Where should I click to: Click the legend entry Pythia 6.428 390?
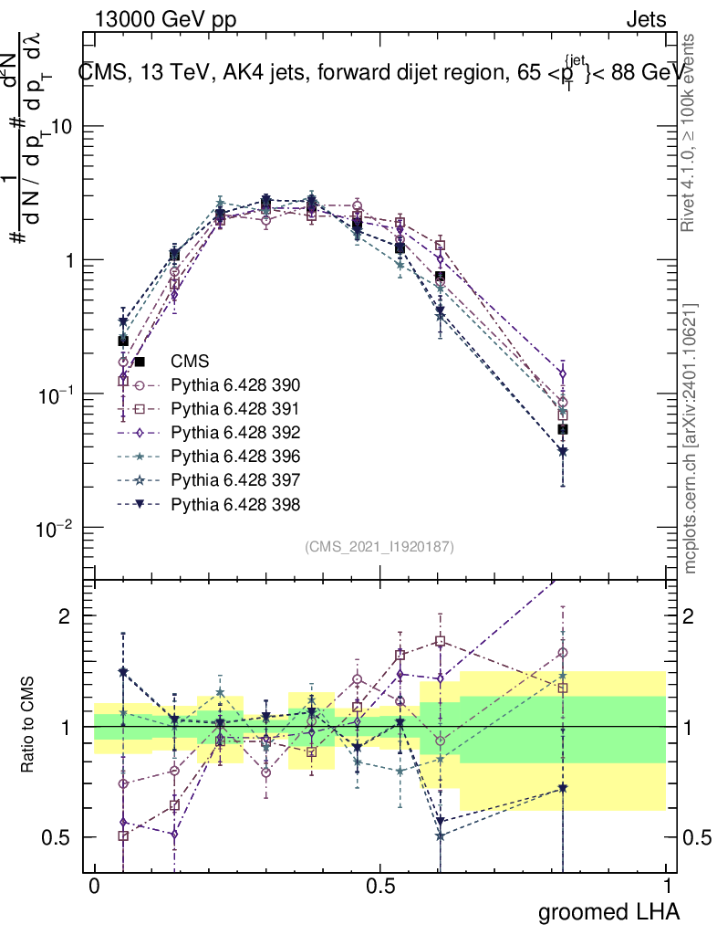[236, 385]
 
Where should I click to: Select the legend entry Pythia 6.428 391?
[236, 409]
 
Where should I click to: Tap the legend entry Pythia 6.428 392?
[236, 433]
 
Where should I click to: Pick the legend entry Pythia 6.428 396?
[236, 457]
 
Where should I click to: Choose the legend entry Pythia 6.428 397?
[236, 480]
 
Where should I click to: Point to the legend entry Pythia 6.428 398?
[236, 504]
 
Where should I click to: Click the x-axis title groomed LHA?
[608, 911]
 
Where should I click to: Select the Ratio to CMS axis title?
[29, 727]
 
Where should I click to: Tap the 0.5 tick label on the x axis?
[380, 887]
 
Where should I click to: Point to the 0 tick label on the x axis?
[95, 887]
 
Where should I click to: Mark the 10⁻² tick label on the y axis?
[57, 528]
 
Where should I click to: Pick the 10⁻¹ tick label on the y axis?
[57, 394]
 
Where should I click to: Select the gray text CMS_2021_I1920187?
[379, 546]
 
